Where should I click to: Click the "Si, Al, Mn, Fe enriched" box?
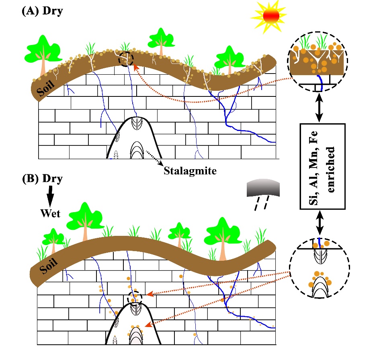click(322, 166)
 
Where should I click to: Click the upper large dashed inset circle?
click(318, 61)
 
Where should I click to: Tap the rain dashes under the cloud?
click(260, 205)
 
